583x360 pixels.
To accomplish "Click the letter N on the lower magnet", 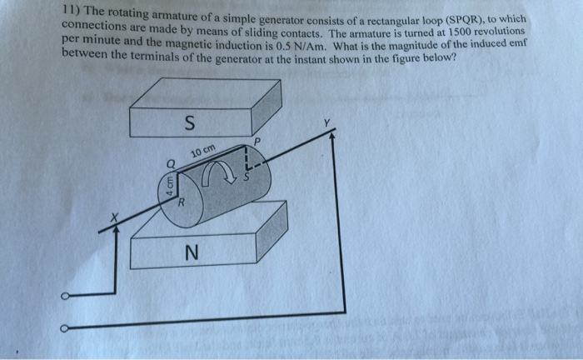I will tap(192, 251).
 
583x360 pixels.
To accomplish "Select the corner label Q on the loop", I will tap(170, 162).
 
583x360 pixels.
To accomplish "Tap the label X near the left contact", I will tap(117, 218).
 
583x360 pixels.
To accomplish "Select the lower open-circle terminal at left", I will tap(64, 327).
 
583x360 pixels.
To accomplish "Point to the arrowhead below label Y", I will tap(334, 138).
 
